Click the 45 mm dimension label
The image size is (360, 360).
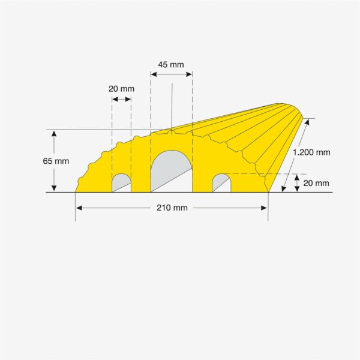tap(171, 64)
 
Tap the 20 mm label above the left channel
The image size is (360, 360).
tap(121, 89)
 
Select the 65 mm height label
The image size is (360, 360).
tap(56, 161)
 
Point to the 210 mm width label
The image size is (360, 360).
tap(172, 208)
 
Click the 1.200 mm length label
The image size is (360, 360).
tap(311, 152)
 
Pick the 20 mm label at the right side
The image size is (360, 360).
tap(316, 184)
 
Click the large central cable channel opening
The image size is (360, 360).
tap(170, 171)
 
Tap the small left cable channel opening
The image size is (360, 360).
tap(121, 183)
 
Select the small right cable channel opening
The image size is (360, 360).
tap(221, 182)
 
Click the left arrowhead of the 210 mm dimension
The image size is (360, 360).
tap(79, 208)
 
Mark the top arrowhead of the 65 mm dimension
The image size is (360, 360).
tap(54, 133)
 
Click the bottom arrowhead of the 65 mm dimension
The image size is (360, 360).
tap(54, 189)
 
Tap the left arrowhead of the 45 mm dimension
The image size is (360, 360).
tap(153, 74)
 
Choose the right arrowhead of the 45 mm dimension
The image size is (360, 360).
tap(190, 74)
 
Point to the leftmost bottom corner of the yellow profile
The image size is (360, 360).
tap(76, 192)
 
